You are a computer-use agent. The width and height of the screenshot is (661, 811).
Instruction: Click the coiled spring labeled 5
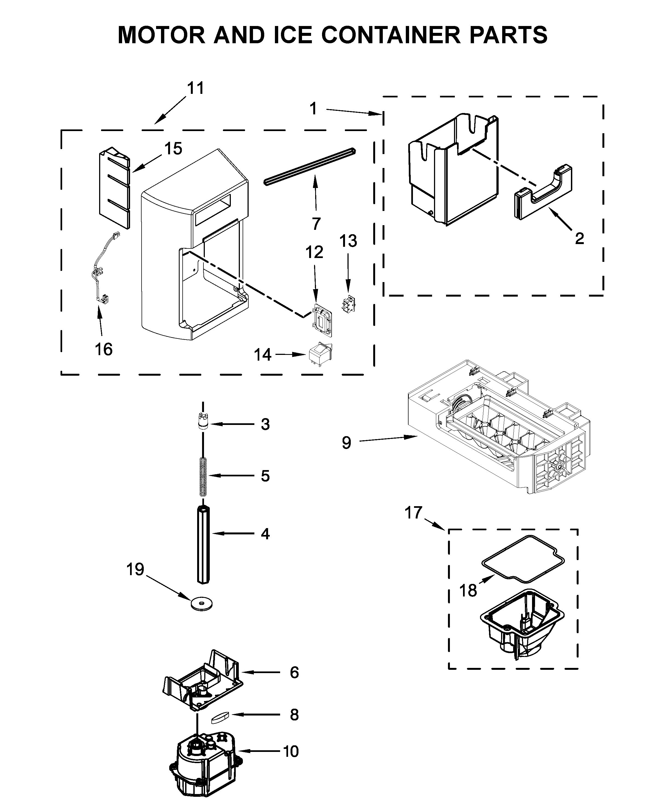[203, 476]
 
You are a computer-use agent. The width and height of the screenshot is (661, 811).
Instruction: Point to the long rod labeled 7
[309, 167]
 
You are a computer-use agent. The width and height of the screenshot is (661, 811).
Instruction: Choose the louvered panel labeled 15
[114, 188]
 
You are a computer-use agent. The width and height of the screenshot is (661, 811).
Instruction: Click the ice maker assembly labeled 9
[499, 430]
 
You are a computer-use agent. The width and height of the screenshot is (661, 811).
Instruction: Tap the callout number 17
[413, 512]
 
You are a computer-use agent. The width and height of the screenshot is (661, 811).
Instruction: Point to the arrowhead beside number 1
[378, 113]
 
